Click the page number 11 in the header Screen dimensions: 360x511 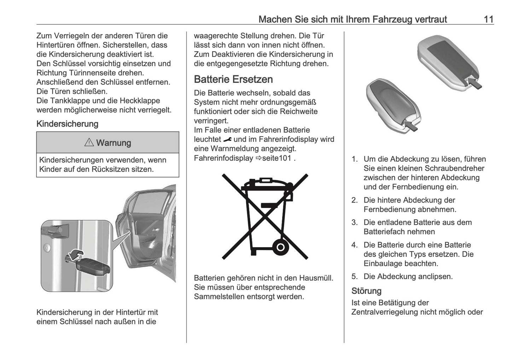point(488,19)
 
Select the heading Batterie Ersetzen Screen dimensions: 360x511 point(233,79)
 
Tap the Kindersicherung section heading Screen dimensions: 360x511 point(67,124)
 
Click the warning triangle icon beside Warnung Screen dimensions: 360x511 point(89,143)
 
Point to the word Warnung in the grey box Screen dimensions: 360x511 point(114,143)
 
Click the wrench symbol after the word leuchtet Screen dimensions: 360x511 point(227,139)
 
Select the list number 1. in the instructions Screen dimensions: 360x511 point(355,159)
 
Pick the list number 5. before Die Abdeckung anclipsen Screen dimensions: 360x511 point(355,277)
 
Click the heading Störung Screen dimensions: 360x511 point(366,291)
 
